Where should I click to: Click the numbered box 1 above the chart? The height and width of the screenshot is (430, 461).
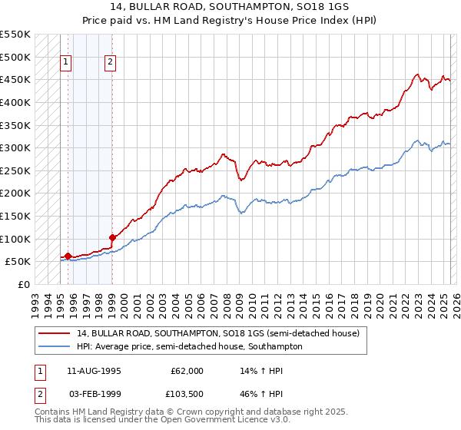pyautogui.click(x=67, y=63)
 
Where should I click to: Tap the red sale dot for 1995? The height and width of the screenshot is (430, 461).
pyautogui.click(x=68, y=256)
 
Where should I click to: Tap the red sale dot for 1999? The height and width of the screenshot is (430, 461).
pyautogui.click(x=112, y=237)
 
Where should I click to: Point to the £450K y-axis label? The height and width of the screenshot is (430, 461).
pyautogui.click(x=15, y=79)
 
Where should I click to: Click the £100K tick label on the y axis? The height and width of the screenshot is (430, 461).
pyautogui.click(x=15, y=239)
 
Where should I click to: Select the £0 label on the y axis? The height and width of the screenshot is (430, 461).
pyautogui.click(x=24, y=284)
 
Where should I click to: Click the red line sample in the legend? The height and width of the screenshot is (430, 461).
pyautogui.click(x=55, y=334)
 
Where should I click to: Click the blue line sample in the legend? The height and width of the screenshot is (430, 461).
pyautogui.click(x=55, y=347)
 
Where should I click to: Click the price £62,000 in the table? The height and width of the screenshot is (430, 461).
pyautogui.click(x=187, y=371)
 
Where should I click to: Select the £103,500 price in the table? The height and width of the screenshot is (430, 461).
pyautogui.click(x=185, y=395)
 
